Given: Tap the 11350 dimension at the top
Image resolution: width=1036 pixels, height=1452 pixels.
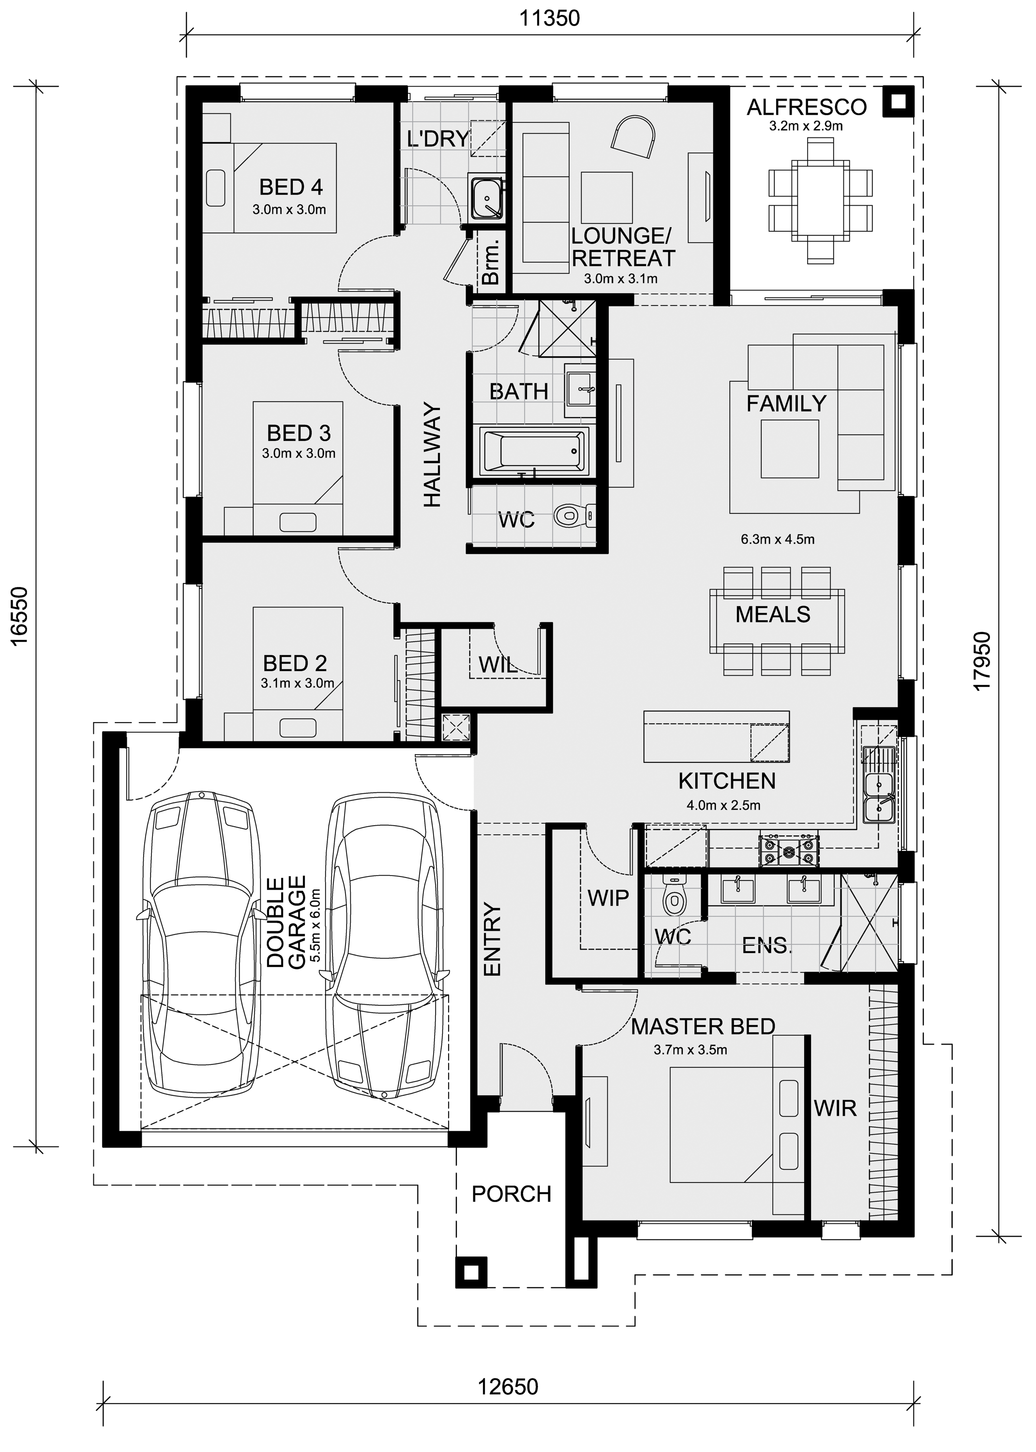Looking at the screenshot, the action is (549, 18).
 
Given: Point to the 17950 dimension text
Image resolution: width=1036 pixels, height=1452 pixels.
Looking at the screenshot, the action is (982, 660).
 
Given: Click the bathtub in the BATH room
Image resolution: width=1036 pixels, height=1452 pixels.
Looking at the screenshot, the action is (533, 452).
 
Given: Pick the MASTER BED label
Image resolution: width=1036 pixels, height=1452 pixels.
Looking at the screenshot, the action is (703, 1027).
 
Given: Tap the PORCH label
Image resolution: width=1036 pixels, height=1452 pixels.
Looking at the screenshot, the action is (511, 1194).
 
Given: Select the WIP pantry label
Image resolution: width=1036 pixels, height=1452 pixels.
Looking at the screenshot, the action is (608, 898).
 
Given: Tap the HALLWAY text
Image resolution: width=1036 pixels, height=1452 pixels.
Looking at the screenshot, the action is (432, 455).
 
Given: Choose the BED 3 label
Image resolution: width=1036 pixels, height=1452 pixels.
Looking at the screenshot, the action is (299, 433).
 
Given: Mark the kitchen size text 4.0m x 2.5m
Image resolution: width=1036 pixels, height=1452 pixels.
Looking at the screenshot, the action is (723, 805).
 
